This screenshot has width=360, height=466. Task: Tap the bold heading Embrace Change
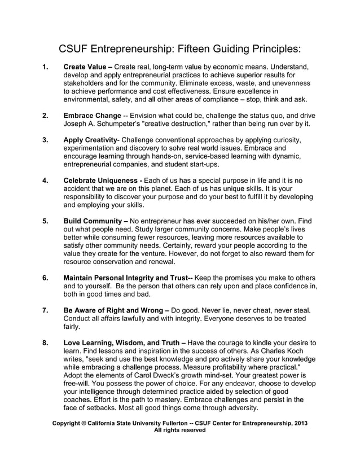(x=92, y=116)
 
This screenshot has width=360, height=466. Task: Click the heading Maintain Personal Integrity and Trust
(x=128, y=278)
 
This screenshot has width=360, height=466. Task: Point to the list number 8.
(x=45, y=342)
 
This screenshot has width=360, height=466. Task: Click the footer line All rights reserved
(x=179, y=430)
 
